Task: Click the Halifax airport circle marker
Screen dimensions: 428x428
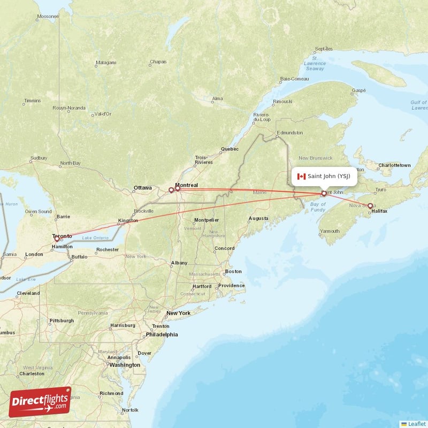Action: pos(370,205)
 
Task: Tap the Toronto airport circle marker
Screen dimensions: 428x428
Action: pos(57,239)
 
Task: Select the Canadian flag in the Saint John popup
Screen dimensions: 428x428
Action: pos(301,176)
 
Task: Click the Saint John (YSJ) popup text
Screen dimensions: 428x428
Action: pos(328,176)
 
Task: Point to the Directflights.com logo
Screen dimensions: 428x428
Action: pos(40,402)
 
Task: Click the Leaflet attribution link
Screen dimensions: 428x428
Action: pos(416,424)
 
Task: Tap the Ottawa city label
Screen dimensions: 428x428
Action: pos(142,188)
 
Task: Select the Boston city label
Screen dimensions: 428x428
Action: pos(233,271)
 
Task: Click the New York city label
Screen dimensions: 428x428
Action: pos(178,313)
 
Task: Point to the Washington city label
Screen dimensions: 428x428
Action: pos(126,365)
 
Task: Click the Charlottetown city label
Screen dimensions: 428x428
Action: pos(394,165)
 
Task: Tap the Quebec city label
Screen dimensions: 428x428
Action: pos(230,149)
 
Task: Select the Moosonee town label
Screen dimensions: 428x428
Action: pos(48,17)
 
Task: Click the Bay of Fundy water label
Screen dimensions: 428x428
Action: pos(318,207)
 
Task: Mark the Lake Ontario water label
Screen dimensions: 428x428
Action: pos(95,238)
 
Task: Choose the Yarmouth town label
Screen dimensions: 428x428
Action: pos(329,231)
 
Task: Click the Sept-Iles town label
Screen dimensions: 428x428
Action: pos(324,49)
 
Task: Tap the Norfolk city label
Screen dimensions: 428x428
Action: pos(130,410)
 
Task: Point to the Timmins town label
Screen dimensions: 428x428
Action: pos(32,101)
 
